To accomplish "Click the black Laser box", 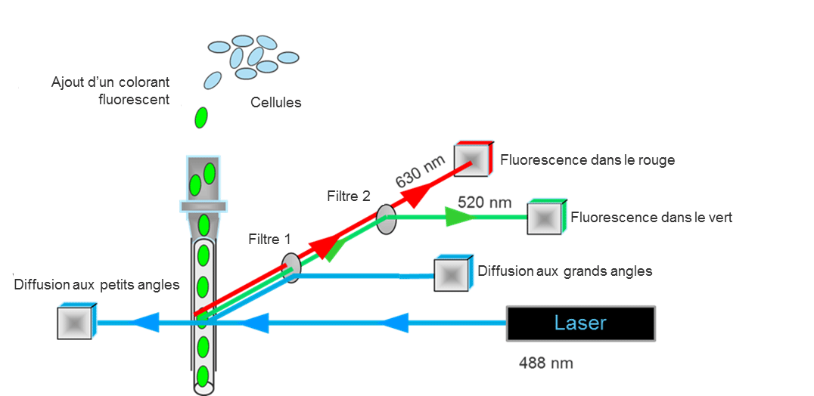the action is pos(580,323).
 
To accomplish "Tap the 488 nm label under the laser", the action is pos(546,364).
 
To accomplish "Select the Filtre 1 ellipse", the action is pos(292,268).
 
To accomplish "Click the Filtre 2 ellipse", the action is pos(387,219).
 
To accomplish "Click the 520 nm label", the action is pos(485,202).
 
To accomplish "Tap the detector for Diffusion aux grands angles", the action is pos(453,273).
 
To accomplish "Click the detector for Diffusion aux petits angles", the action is pos(76,321).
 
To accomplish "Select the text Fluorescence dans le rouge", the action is pos(588,159).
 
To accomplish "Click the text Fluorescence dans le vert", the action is pos(651,217).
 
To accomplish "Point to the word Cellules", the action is pos(275,102).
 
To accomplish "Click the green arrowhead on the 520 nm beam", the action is pos(459,217).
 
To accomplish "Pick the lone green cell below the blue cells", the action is pos(201,118).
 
